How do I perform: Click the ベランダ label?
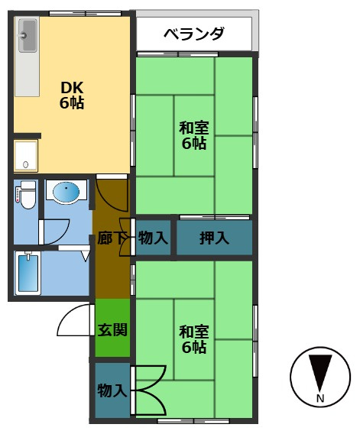tap(194, 34)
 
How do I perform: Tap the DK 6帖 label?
tap(72, 96)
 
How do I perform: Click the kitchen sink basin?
tap(28, 35)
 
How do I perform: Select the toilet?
tap(27, 195)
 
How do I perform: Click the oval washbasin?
tap(66, 192)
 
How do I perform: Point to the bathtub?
tap(28, 273)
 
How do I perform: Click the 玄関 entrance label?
tap(112, 329)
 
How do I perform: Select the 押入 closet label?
tap(214, 238)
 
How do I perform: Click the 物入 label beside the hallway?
tap(153, 238)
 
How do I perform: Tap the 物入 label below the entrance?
tap(112, 390)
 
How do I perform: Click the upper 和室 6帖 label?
tap(194, 136)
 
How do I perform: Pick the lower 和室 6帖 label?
tap(194, 339)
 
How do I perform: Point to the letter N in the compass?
tap(320, 399)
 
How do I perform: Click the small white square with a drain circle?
tap(26, 155)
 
